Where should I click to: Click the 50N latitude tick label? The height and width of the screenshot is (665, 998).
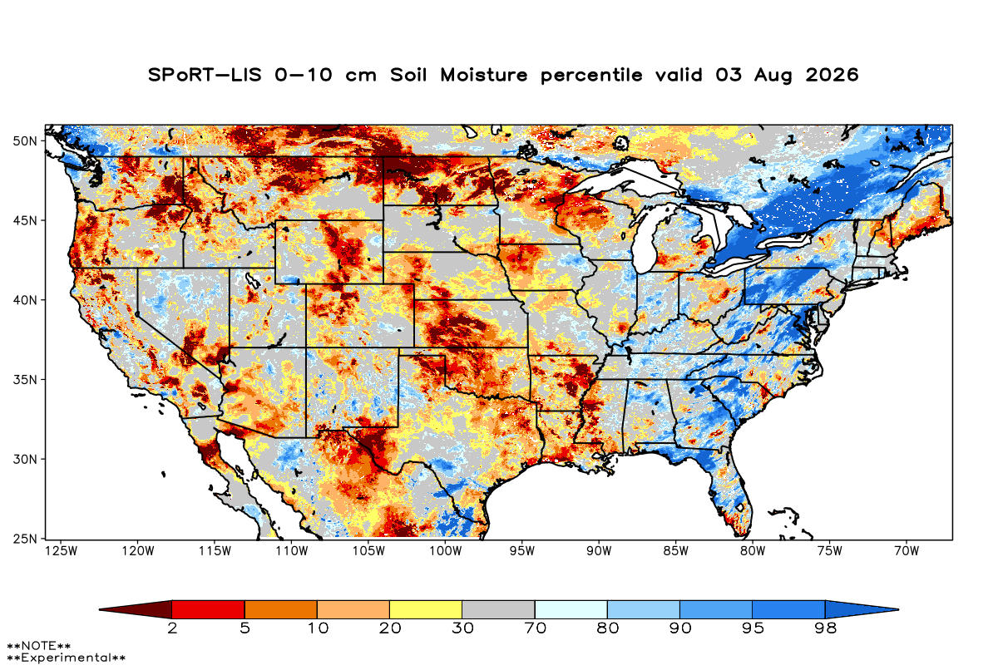pyautogui.click(x=25, y=141)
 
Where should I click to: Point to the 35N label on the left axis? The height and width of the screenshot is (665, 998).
pyautogui.click(x=25, y=380)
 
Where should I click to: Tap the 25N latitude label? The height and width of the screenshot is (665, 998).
pyautogui.click(x=25, y=539)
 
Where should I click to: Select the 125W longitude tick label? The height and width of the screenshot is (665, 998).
pyautogui.click(x=62, y=551)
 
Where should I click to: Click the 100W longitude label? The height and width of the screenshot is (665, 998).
pyautogui.click(x=446, y=551)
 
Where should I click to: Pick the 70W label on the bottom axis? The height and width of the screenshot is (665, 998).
pyautogui.click(x=907, y=551)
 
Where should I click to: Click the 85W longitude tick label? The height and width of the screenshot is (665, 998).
pyautogui.click(x=676, y=551)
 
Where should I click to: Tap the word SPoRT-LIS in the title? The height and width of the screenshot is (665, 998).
pyautogui.click(x=205, y=75)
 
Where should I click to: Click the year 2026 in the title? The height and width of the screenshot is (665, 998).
pyautogui.click(x=832, y=75)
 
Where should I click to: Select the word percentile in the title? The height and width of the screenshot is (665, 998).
pyautogui.click(x=591, y=76)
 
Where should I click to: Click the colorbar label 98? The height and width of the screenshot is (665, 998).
pyautogui.click(x=826, y=628)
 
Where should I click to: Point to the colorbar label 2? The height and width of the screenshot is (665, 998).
pyautogui.click(x=172, y=628)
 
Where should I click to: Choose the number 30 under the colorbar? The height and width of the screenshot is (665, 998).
pyautogui.click(x=462, y=628)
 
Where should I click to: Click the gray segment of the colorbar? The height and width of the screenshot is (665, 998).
pyautogui.click(x=498, y=609)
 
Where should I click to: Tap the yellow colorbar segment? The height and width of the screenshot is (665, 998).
pyautogui.click(x=426, y=609)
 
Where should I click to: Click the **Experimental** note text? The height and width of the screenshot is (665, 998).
pyautogui.click(x=66, y=658)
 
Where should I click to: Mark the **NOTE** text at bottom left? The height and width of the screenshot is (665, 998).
pyautogui.click(x=39, y=646)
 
